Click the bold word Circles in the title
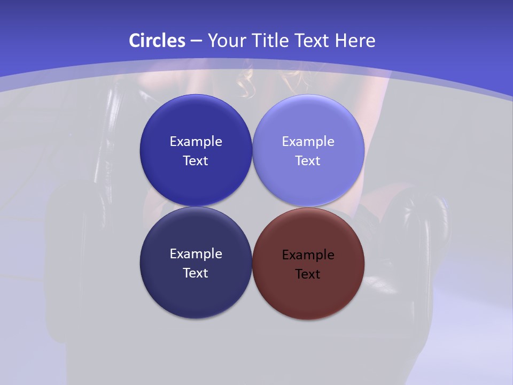[157, 41]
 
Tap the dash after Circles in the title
[196, 41]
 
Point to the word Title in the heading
[270, 41]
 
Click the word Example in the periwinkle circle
[308, 142]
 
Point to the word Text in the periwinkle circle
[308, 161]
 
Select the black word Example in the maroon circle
[308, 255]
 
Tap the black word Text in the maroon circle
[308, 274]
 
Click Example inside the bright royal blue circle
[196, 142]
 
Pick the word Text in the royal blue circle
[196, 161]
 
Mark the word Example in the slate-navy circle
[196, 254]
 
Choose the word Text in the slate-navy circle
[196, 273]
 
